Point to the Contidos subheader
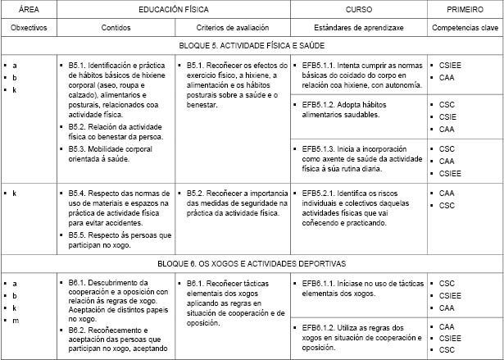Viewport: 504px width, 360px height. (x=116, y=27)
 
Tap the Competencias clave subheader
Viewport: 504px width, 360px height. (x=465, y=27)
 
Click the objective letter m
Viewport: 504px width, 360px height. (x=15, y=320)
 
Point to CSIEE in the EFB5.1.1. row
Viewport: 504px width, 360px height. (x=452, y=64)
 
